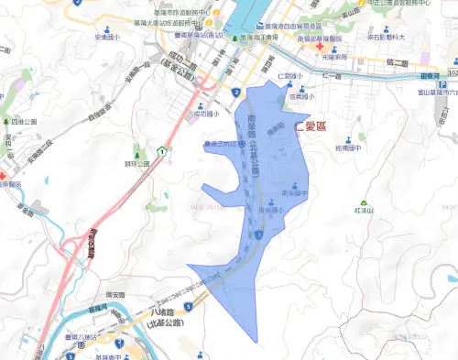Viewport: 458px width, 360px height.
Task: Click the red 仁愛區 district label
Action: (313, 129)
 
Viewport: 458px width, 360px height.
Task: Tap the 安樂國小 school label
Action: (106, 38)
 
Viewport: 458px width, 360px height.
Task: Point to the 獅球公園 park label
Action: (137, 165)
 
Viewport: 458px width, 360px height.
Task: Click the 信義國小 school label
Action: (302, 96)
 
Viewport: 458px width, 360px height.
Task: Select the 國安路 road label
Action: (115, 292)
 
